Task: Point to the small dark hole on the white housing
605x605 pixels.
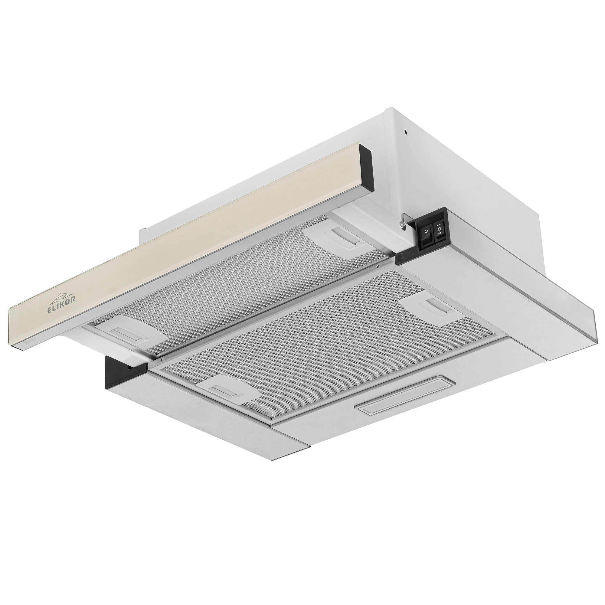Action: point(406,132)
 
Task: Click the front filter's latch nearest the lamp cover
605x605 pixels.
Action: point(226,390)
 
